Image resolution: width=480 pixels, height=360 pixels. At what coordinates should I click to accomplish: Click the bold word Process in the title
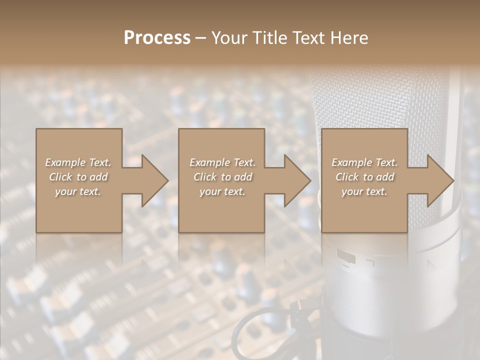pyautogui.click(x=157, y=38)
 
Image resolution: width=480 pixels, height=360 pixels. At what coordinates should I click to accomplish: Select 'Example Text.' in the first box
pyautogui.click(x=78, y=162)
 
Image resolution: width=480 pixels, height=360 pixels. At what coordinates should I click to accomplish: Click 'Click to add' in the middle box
pyautogui.click(x=222, y=177)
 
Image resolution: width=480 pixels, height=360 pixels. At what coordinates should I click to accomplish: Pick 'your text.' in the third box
pyautogui.click(x=364, y=191)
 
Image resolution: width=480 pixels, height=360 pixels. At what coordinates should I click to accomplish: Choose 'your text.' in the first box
pyautogui.click(x=78, y=191)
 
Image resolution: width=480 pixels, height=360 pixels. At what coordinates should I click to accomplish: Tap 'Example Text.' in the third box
pyautogui.click(x=364, y=162)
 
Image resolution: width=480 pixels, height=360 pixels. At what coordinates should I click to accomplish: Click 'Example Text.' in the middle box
pyautogui.click(x=222, y=162)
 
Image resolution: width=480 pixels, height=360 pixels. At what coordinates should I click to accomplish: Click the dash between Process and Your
pyautogui.click(x=200, y=38)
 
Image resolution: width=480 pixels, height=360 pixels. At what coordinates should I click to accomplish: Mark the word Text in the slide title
pyautogui.click(x=308, y=38)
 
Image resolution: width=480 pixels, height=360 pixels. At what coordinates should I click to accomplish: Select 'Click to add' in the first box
pyautogui.click(x=78, y=177)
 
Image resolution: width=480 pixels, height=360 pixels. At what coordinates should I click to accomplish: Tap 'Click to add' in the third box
pyautogui.click(x=364, y=177)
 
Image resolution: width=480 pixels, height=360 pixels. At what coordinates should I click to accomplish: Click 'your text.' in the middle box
pyautogui.click(x=222, y=191)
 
